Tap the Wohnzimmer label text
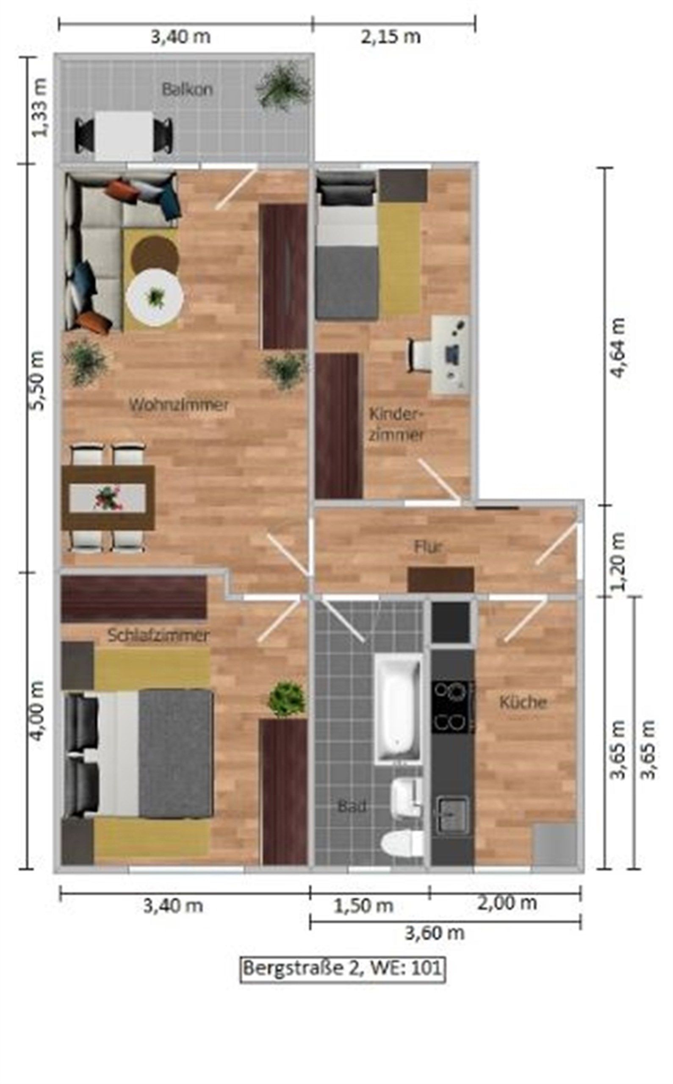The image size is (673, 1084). tap(179, 405)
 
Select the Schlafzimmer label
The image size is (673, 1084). tap(158, 636)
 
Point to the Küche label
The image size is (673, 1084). tap(523, 702)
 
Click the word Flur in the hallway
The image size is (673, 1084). tap(428, 547)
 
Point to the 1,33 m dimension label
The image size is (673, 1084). tap(38, 107)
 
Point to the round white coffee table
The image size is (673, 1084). tap(155, 298)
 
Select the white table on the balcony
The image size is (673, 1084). tap(124, 136)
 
